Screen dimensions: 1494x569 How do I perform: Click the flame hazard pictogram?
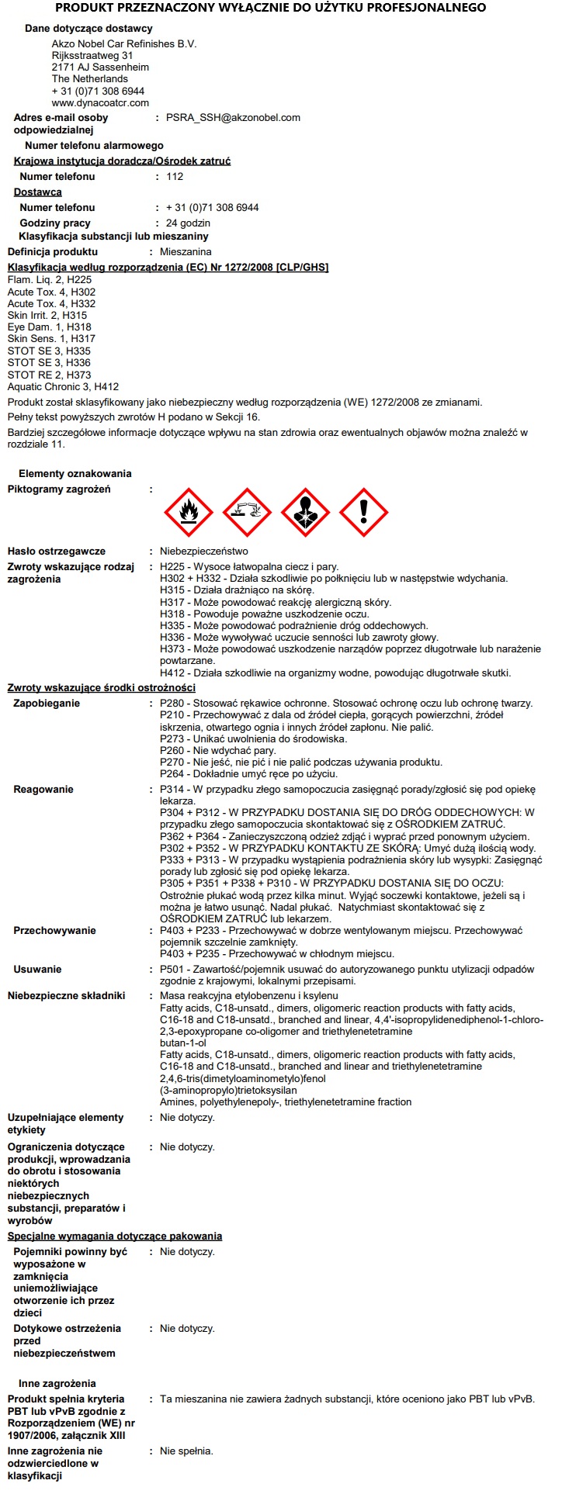tap(188, 512)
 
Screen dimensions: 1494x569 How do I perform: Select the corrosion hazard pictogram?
tap(247, 512)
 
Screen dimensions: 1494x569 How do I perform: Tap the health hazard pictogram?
tap(305, 512)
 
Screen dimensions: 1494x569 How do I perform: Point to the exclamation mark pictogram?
tap(363, 512)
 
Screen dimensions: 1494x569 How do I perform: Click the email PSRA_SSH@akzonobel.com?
tap(233, 118)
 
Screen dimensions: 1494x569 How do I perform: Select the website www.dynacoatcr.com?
tap(100, 102)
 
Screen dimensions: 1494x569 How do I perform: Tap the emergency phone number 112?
tap(175, 177)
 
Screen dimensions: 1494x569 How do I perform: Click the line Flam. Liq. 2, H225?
tap(50, 280)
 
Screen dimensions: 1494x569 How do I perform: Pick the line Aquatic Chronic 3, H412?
tap(63, 386)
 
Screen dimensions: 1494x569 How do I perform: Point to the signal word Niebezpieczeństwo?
tap(204, 552)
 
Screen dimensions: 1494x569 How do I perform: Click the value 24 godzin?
tap(188, 223)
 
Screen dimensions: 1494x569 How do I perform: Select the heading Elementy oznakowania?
tap(75, 474)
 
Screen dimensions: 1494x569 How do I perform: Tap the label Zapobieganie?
tap(47, 704)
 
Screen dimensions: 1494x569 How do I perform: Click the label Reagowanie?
tap(43, 790)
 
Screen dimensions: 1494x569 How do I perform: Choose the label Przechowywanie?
tap(54, 931)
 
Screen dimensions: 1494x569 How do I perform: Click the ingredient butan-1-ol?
tap(183, 1043)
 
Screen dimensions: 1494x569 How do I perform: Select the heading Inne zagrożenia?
tap(57, 1383)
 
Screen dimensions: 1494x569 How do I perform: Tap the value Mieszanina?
tap(186, 252)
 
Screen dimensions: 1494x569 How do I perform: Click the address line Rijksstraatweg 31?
tap(92, 56)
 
